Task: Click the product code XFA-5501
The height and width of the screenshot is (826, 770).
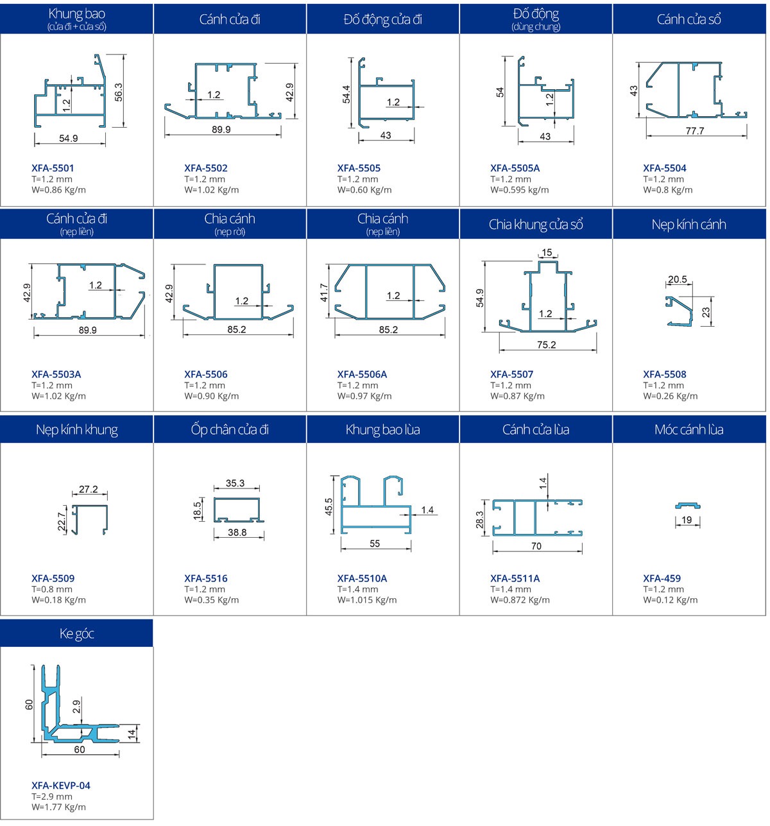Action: pos(53,168)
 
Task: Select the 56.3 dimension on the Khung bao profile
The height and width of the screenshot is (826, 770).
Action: pos(119,92)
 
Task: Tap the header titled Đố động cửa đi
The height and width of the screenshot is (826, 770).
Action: pos(382,19)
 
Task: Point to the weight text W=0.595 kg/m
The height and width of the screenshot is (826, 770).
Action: pos(519,190)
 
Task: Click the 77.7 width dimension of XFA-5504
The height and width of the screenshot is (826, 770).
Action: pos(695,131)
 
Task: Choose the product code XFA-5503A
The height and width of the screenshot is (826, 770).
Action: pos(56,374)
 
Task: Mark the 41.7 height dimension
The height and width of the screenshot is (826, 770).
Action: pos(324,293)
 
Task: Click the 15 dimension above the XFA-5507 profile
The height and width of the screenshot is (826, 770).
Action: pos(547,252)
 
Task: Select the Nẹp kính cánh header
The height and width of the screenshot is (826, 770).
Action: pos(689,225)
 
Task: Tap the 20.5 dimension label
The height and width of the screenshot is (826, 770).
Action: pos(677,279)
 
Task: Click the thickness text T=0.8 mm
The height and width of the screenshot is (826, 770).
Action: pos(51,589)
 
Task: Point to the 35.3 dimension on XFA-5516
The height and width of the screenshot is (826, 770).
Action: pos(235,483)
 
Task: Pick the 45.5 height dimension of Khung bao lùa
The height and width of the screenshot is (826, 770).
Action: pos(329,507)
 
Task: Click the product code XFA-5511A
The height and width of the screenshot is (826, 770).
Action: pos(515,578)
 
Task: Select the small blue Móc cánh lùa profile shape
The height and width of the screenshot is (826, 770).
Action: pos(687,506)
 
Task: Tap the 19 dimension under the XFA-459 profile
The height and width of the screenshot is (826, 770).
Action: pos(687,520)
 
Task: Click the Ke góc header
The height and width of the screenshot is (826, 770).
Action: pos(76,633)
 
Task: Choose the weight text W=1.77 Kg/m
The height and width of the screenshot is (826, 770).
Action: pos(58,807)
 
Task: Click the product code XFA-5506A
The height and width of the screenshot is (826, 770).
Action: pos(362,374)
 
